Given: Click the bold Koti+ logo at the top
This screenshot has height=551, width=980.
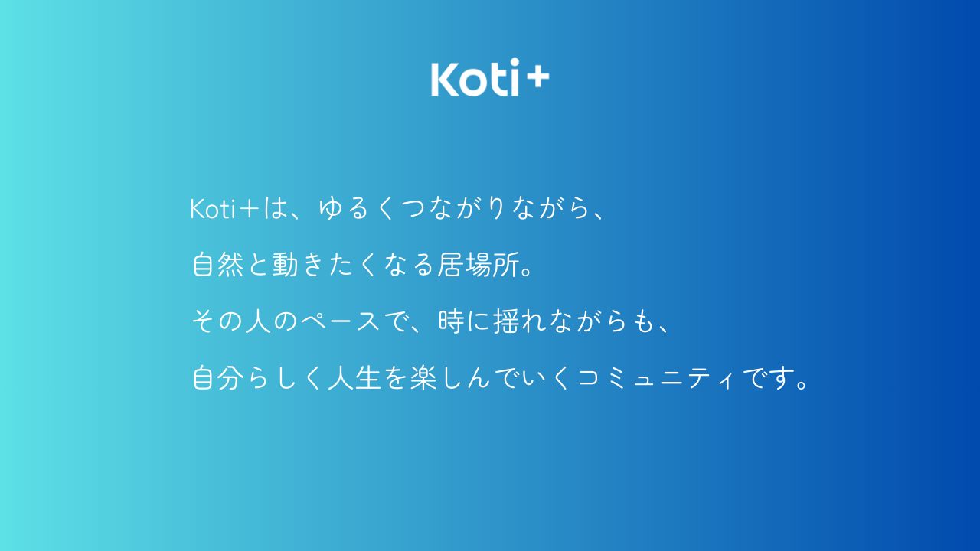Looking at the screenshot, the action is pos(490,78).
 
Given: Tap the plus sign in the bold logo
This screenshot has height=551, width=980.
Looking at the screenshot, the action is pos(537,78).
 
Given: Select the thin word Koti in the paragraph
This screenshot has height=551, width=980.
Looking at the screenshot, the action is pos(213,209).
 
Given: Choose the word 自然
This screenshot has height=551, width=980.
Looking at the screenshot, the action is pos(218,265).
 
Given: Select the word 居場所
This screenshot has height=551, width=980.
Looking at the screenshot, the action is pos(479,265).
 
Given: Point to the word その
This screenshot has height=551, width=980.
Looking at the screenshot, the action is pos(217,321).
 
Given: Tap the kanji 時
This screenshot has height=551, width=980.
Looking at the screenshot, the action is pos(451,321).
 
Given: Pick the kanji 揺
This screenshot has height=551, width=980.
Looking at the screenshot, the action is pos(506,321).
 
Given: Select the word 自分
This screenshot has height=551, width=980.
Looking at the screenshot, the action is pos(218,378).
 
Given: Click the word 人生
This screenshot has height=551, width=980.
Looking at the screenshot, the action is pos(354,378).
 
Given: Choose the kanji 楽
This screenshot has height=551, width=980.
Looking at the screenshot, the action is pos(423,378).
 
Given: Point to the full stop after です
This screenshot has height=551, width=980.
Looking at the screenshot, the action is pos(803,385).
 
